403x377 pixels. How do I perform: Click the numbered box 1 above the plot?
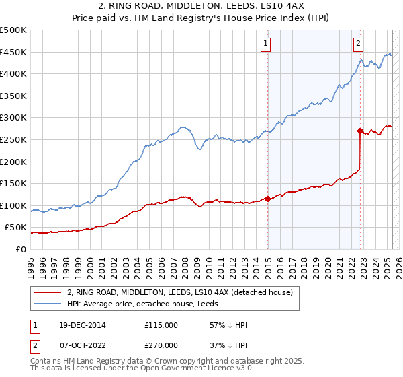click(x=266, y=44)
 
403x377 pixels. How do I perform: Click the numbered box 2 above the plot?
click(x=359, y=44)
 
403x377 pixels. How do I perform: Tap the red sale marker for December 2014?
click(x=267, y=199)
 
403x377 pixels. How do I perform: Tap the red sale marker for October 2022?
click(x=361, y=131)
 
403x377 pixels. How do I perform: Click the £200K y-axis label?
click(x=13, y=162)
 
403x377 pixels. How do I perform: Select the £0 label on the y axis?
click(x=20, y=249)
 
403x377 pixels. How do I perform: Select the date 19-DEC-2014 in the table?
click(x=81, y=325)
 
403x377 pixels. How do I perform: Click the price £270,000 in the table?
click(x=161, y=346)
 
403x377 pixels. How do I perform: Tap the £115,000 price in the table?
click(x=161, y=325)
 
